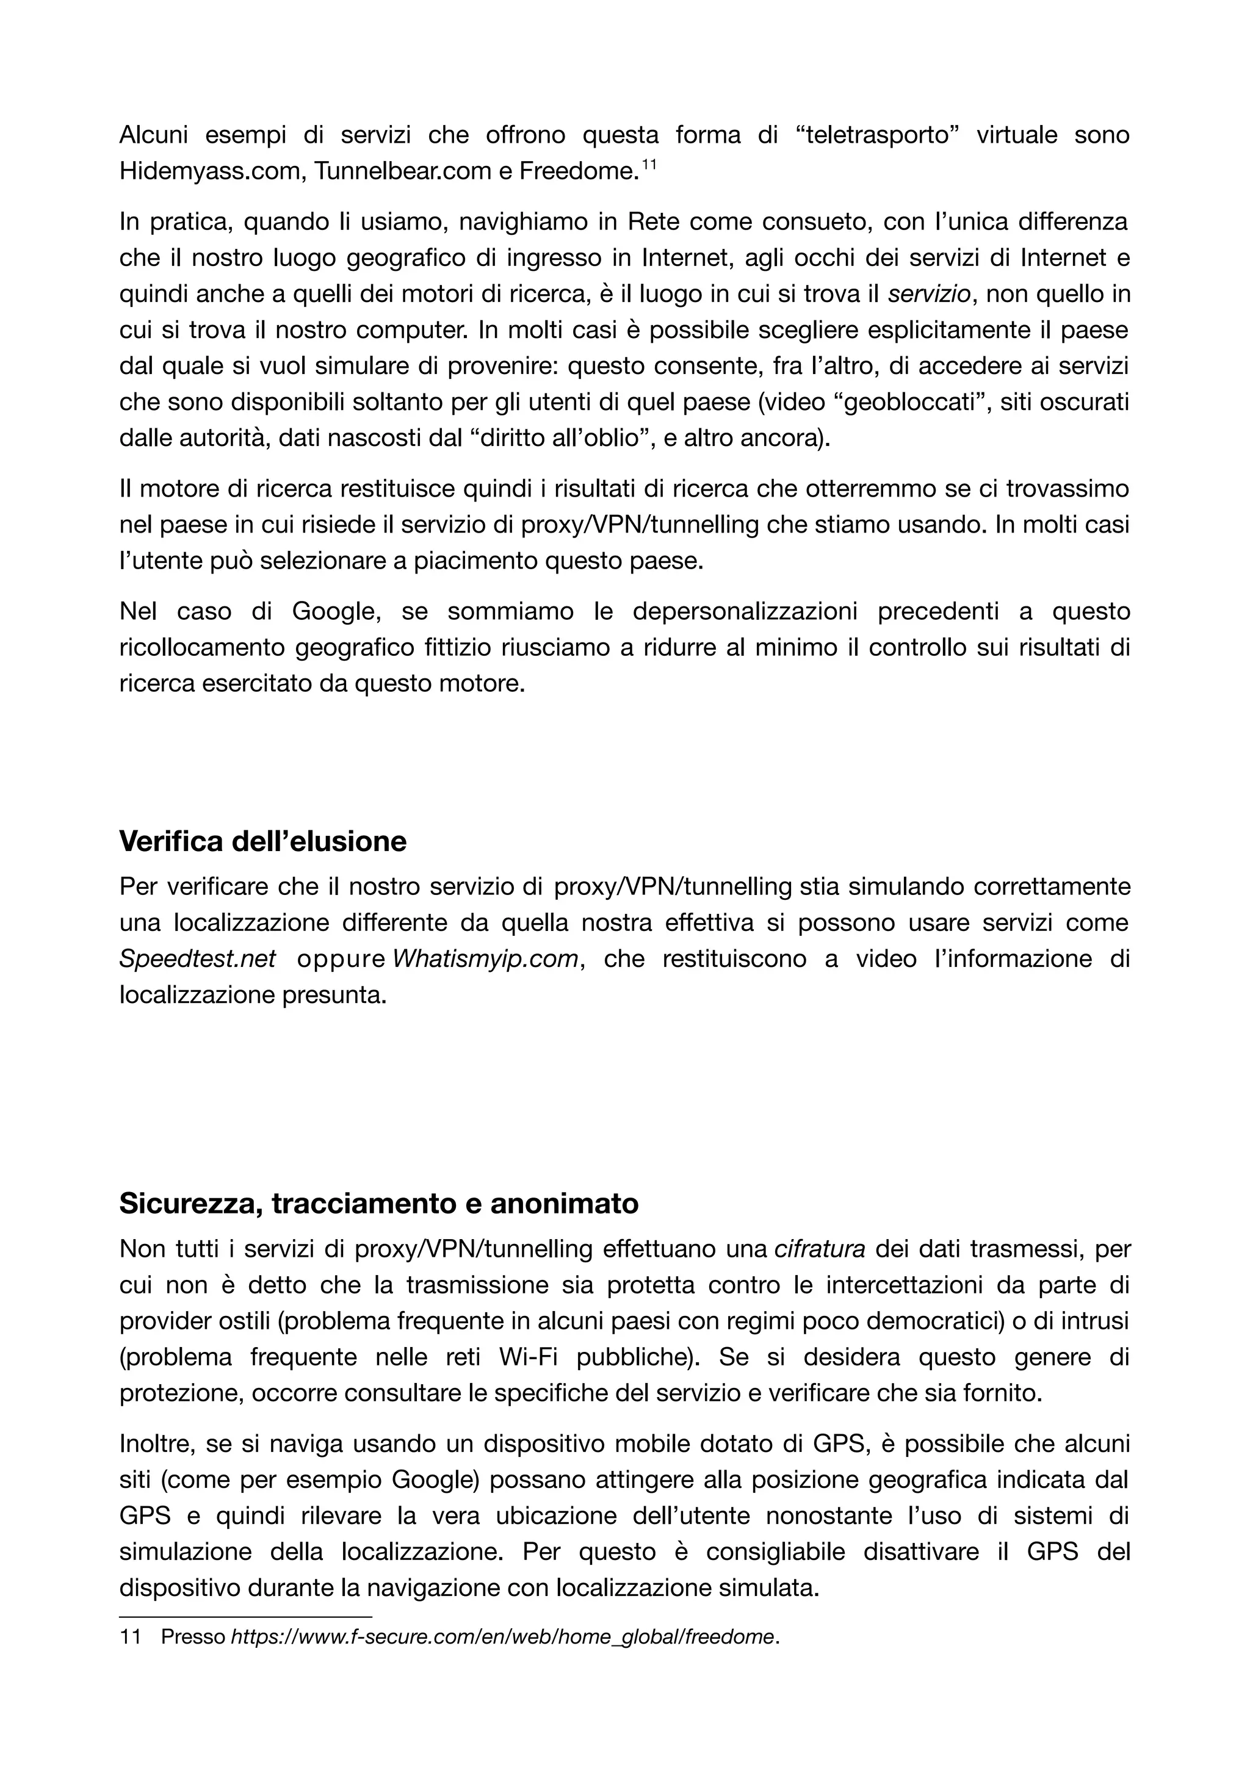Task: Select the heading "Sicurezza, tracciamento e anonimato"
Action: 378,1203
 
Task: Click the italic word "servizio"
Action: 931,293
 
